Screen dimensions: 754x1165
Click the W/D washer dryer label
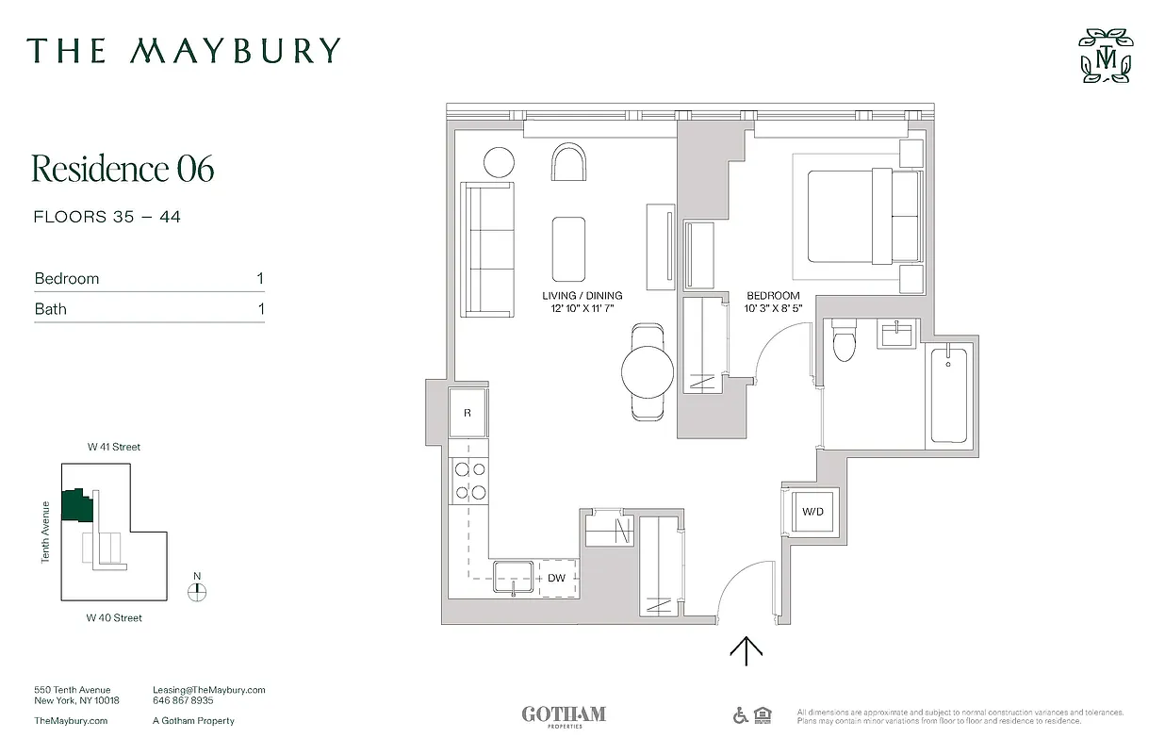[x=812, y=512]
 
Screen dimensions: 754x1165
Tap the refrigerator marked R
[x=468, y=413]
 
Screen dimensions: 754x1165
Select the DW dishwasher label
[x=556, y=578]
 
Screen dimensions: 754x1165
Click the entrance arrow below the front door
[x=747, y=650]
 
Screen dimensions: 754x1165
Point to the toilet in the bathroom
[x=844, y=342]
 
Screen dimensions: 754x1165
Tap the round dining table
[x=648, y=370]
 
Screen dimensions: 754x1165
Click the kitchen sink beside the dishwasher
[x=514, y=576]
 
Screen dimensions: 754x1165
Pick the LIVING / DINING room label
[x=582, y=302]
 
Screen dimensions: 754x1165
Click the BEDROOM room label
[x=773, y=302]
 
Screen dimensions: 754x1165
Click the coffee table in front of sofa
[x=568, y=249]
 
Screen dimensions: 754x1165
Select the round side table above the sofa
[x=499, y=163]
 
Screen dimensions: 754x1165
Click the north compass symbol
[x=197, y=591]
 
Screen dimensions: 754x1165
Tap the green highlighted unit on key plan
[x=75, y=505]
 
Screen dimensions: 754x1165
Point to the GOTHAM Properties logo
[x=564, y=715]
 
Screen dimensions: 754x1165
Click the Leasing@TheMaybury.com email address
[x=208, y=690]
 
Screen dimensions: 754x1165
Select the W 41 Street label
[x=113, y=447]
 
